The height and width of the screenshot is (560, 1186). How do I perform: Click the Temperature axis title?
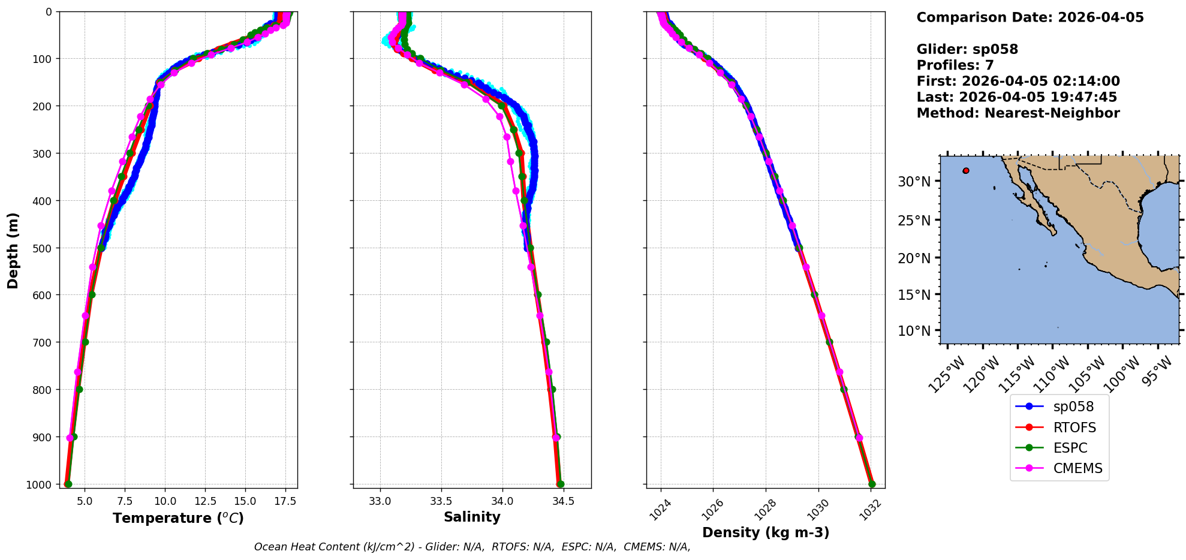point(178,518)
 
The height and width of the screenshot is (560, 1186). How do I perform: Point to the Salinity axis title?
point(472,517)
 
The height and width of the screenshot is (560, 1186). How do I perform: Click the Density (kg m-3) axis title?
point(766,532)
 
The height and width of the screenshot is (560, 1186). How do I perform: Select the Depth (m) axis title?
point(13,250)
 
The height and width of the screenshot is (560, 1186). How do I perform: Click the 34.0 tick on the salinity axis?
point(502,501)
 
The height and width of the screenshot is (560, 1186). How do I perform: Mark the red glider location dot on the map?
point(966,171)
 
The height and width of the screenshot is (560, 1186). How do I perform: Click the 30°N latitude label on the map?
point(914,182)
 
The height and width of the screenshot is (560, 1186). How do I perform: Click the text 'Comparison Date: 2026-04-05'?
point(1030,17)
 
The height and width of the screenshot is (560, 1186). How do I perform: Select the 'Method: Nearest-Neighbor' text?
point(1018,113)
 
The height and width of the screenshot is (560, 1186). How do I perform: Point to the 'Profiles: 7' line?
point(955,65)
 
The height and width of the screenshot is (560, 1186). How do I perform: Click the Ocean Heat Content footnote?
point(472,547)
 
